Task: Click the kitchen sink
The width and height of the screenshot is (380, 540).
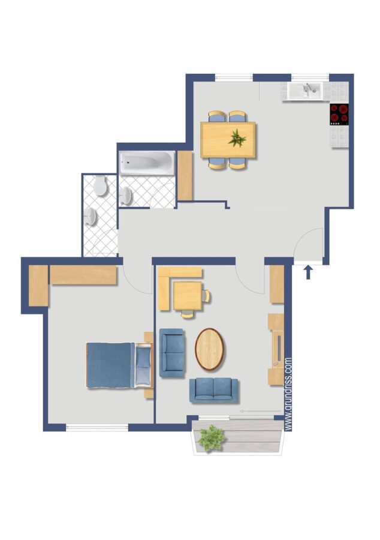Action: click(304, 91)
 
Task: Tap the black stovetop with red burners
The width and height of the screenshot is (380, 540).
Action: click(339, 115)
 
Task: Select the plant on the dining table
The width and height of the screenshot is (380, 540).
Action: click(237, 138)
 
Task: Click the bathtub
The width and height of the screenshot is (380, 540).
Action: click(147, 162)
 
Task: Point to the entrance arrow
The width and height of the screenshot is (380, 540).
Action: click(308, 272)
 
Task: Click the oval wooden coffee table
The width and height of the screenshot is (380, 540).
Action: click(209, 349)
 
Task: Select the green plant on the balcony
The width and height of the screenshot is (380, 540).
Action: click(212, 438)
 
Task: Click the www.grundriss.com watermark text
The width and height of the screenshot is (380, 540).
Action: click(288, 394)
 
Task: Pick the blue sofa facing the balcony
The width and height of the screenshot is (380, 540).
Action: click(213, 391)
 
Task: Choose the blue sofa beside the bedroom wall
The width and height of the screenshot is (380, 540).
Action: click(172, 353)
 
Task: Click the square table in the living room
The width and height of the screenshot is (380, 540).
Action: click(188, 295)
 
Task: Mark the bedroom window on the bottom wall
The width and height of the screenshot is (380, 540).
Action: click(97, 428)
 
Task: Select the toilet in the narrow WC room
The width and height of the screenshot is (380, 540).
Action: click(100, 185)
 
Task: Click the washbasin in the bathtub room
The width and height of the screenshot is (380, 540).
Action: click(126, 196)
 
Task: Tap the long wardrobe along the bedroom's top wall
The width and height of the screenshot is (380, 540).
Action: click(83, 275)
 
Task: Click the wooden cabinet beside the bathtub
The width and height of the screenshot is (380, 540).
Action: click(185, 176)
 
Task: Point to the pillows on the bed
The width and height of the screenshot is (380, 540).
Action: click(143, 365)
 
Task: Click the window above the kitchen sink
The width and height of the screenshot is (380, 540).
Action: click(310, 77)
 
